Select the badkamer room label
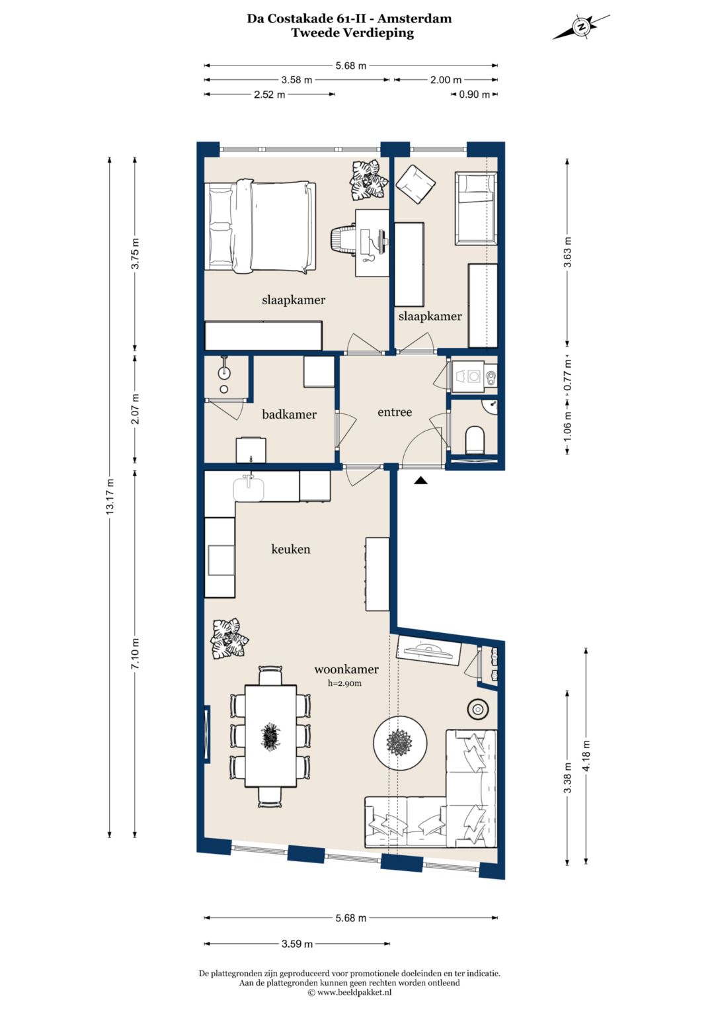289,414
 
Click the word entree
395,412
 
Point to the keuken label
291,549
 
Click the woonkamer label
346,669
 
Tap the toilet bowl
475,440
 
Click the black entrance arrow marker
420,481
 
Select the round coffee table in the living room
400,741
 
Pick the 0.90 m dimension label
474,95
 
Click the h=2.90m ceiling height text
344,683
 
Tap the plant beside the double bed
369,180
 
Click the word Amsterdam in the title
415,19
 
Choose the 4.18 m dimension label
586,756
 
